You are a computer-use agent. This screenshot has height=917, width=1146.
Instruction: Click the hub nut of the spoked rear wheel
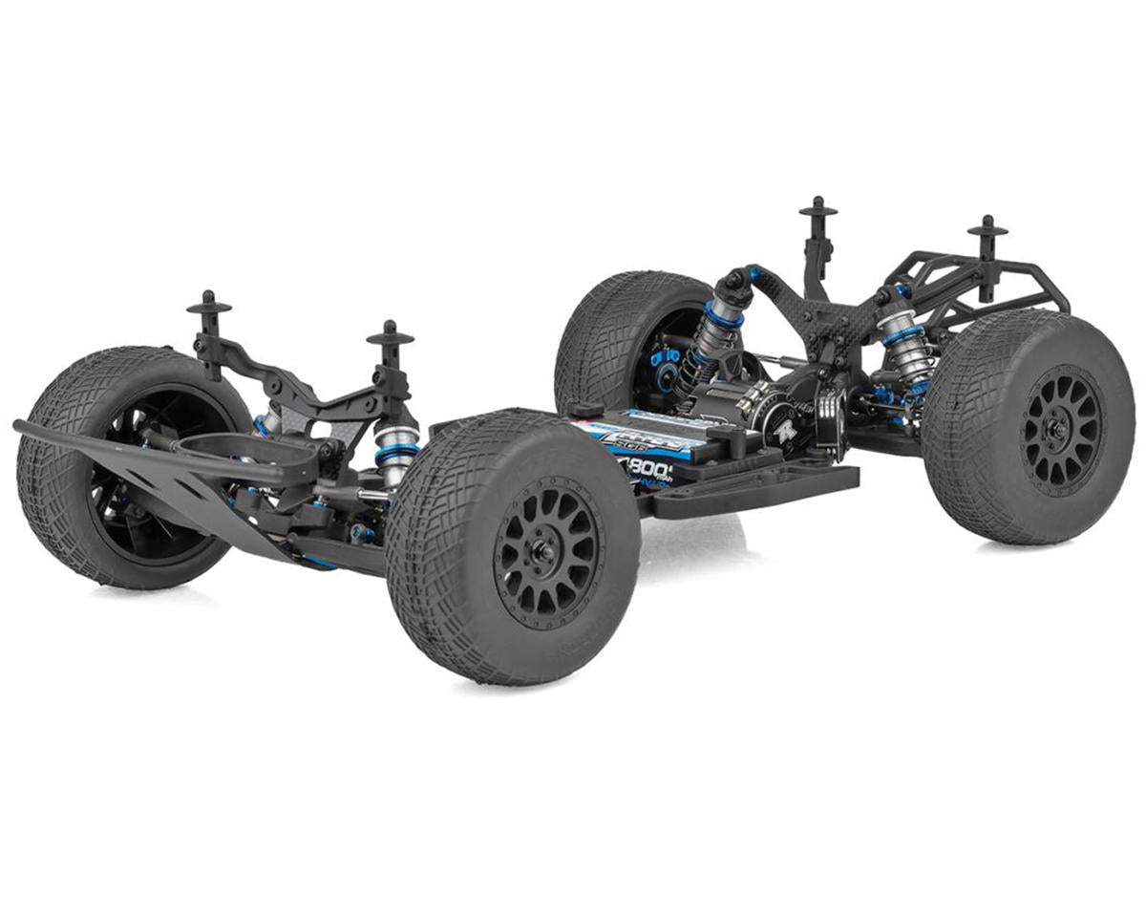coord(1059,430)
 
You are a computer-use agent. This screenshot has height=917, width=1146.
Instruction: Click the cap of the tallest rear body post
coord(818,207)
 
